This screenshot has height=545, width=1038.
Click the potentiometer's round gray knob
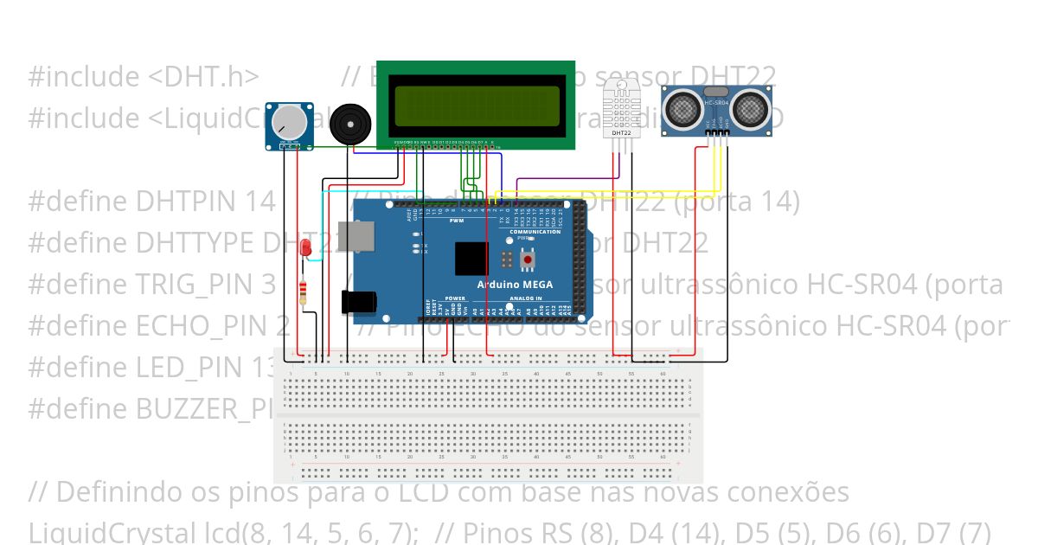click(291, 122)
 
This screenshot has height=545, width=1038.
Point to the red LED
click(304, 248)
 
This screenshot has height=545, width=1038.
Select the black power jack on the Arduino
click(357, 301)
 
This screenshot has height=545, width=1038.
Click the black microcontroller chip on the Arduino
click(471, 258)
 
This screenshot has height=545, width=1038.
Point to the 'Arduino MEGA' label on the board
click(515, 285)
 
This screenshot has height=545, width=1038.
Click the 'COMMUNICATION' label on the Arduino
click(535, 232)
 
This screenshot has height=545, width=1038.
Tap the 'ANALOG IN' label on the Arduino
click(526, 298)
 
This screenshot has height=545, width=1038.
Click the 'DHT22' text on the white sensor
click(621, 133)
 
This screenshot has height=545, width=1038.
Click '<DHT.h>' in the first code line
click(203, 76)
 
